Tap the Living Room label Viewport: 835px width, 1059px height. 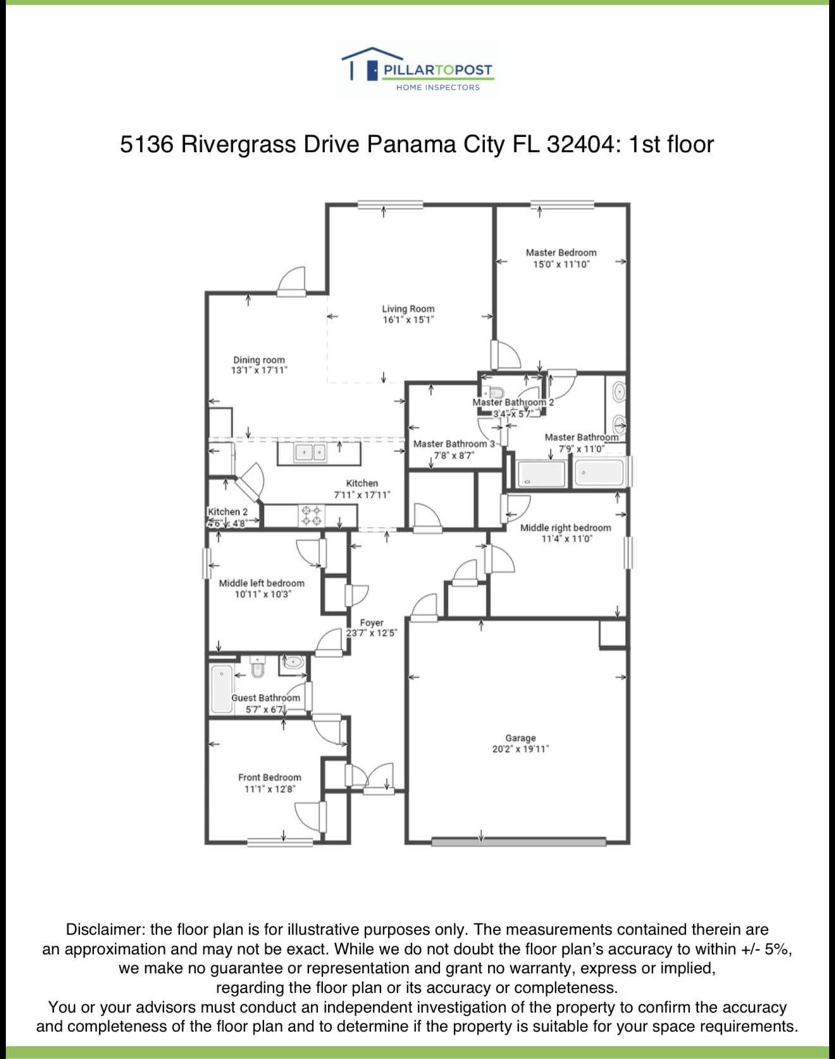point(408,309)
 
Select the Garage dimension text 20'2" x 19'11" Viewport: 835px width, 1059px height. point(520,749)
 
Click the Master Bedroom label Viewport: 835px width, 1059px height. point(560,252)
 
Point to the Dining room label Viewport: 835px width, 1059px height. point(259,359)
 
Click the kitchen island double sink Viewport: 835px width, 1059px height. point(311,452)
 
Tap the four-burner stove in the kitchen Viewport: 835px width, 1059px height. point(311,515)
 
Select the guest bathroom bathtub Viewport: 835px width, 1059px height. point(222,688)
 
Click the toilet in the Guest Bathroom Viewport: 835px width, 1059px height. point(257,666)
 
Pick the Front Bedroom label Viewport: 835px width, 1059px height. point(269,777)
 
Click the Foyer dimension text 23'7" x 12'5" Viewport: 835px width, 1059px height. point(371,633)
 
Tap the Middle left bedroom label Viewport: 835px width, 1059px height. point(261,583)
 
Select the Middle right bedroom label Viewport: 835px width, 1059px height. point(565,528)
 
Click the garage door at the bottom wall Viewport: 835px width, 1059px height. point(518,841)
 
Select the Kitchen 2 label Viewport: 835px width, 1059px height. point(228,511)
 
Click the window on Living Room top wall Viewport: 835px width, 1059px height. point(382,204)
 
